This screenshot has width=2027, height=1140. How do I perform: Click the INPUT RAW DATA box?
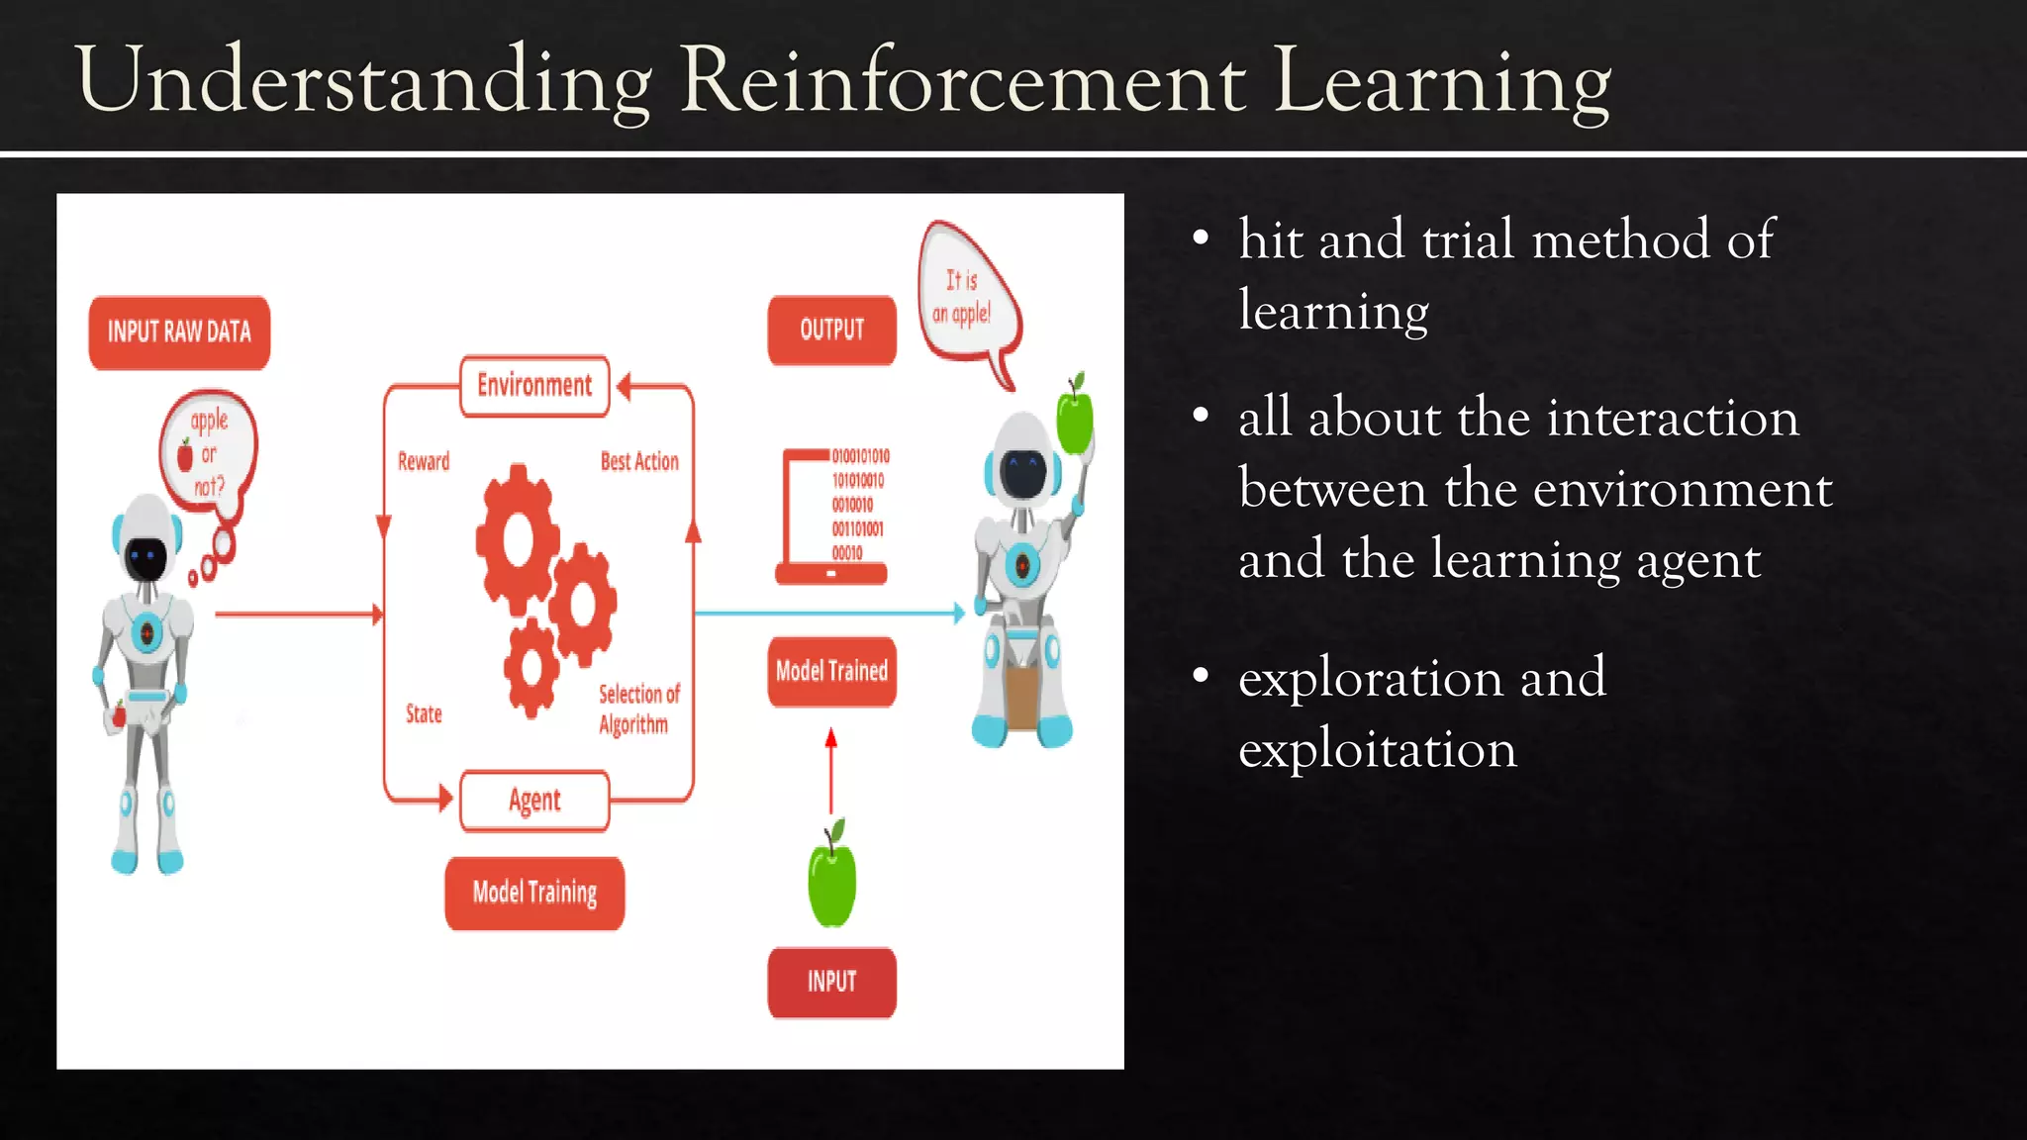[179, 332]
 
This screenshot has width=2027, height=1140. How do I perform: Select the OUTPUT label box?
[831, 331]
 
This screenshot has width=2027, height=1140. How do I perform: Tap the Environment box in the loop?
[534, 386]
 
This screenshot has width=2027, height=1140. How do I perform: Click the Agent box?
[534, 800]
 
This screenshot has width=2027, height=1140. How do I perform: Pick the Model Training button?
[534, 893]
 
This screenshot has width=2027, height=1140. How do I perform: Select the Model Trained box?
[831, 671]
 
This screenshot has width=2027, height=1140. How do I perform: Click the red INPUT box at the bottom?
[831, 982]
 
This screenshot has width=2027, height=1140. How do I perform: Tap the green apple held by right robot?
[1075, 418]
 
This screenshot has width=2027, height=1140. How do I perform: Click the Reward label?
[424, 461]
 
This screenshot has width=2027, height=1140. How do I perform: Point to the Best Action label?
[639, 461]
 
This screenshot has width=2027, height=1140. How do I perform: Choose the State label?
[424, 713]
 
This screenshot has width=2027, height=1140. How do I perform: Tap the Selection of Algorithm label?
[638, 709]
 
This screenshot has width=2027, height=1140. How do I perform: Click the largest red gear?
[518, 539]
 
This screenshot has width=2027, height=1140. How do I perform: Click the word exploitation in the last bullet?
[1377, 749]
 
